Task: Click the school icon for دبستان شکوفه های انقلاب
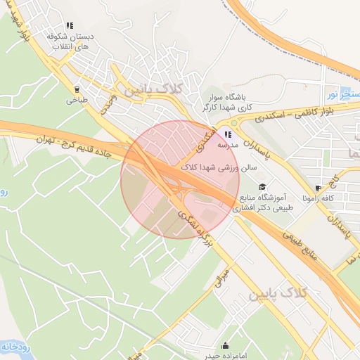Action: tap(69, 25)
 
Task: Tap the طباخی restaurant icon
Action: tap(77, 89)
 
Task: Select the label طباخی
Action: tap(77, 101)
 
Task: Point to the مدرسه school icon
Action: tap(228, 134)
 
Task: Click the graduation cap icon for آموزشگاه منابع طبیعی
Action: tap(262, 186)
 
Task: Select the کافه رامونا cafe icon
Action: tap(319, 188)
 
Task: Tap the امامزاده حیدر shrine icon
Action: tap(225, 345)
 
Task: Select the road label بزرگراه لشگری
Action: tap(198, 229)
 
